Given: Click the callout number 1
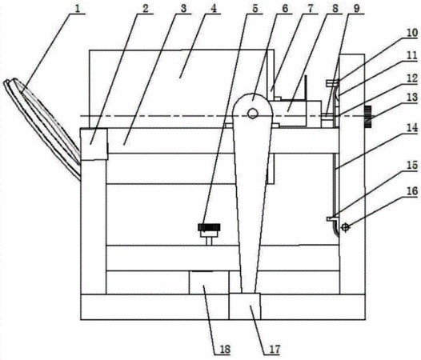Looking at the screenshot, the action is (x=77, y=9).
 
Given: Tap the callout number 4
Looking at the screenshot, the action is (x=214, y=8).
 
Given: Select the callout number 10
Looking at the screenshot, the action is (x=412, y=33).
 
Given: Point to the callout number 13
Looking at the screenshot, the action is (x=412, y=97).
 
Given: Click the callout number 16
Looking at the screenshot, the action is (x=412, y=191).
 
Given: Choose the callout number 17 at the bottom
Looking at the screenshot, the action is (x=274, y=350).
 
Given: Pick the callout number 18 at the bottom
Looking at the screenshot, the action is (x=225, y=350).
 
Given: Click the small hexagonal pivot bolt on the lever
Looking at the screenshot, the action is (x=252, y=113).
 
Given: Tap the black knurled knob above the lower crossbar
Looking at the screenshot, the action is (x=209, y=227).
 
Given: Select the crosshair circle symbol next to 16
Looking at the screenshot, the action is (x=345, y=228).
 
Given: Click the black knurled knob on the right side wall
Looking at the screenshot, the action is (x=368, y=118).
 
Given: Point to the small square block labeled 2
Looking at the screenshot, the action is (x=94, y=144).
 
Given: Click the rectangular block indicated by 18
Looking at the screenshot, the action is (x=209, y=282).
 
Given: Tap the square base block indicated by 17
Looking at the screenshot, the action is (x=245, y=306).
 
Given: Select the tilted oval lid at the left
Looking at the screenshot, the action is (x=42, y=129).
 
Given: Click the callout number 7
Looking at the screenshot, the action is (x=310, y=8).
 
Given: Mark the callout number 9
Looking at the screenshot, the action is (x=356, y=8).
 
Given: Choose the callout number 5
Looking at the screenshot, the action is (x=255, y=8).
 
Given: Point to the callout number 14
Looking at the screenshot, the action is (x=412, y=127).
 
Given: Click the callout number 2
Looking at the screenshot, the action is (x=145, y=8).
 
